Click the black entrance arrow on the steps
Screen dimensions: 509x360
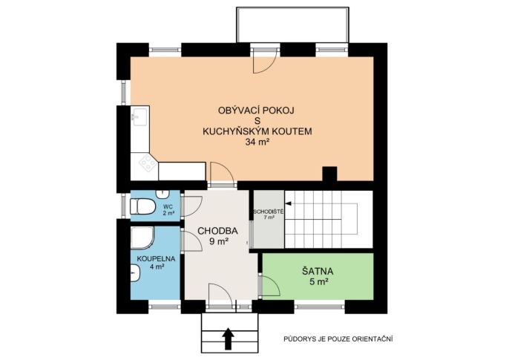click(x=229, y=338)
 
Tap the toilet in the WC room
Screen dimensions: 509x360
click(x=142, y=206)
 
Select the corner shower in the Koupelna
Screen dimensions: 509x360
click(x=142, y=238)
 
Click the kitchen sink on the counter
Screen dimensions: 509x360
click(x=140, y=117)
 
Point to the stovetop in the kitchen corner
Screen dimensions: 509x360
click(x=148, y=163)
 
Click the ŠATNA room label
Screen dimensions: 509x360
click(x=318, y=271)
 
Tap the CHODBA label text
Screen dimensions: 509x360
click(x=217, y=231)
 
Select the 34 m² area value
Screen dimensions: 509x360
click(x=257, y=142)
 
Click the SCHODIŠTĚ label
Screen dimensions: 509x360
click(x=269, y=212)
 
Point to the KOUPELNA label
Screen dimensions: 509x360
click(x=156, y=259)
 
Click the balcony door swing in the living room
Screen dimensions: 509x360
click(x=265, y=61)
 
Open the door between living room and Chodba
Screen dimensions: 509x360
click(x=223, y=174)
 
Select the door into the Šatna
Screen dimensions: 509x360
click(x=269, y=286)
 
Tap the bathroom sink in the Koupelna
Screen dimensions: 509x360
click(x=136, y=272)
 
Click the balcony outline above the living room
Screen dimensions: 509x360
click(x=293, y=7)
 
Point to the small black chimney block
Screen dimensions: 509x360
click(x=329, y=174)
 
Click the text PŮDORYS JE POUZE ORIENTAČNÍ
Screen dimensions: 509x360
click(x=338, y=339)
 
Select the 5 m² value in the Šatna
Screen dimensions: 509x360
click(x=318, y=282)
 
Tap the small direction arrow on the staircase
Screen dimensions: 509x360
click(x=289, y=203)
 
